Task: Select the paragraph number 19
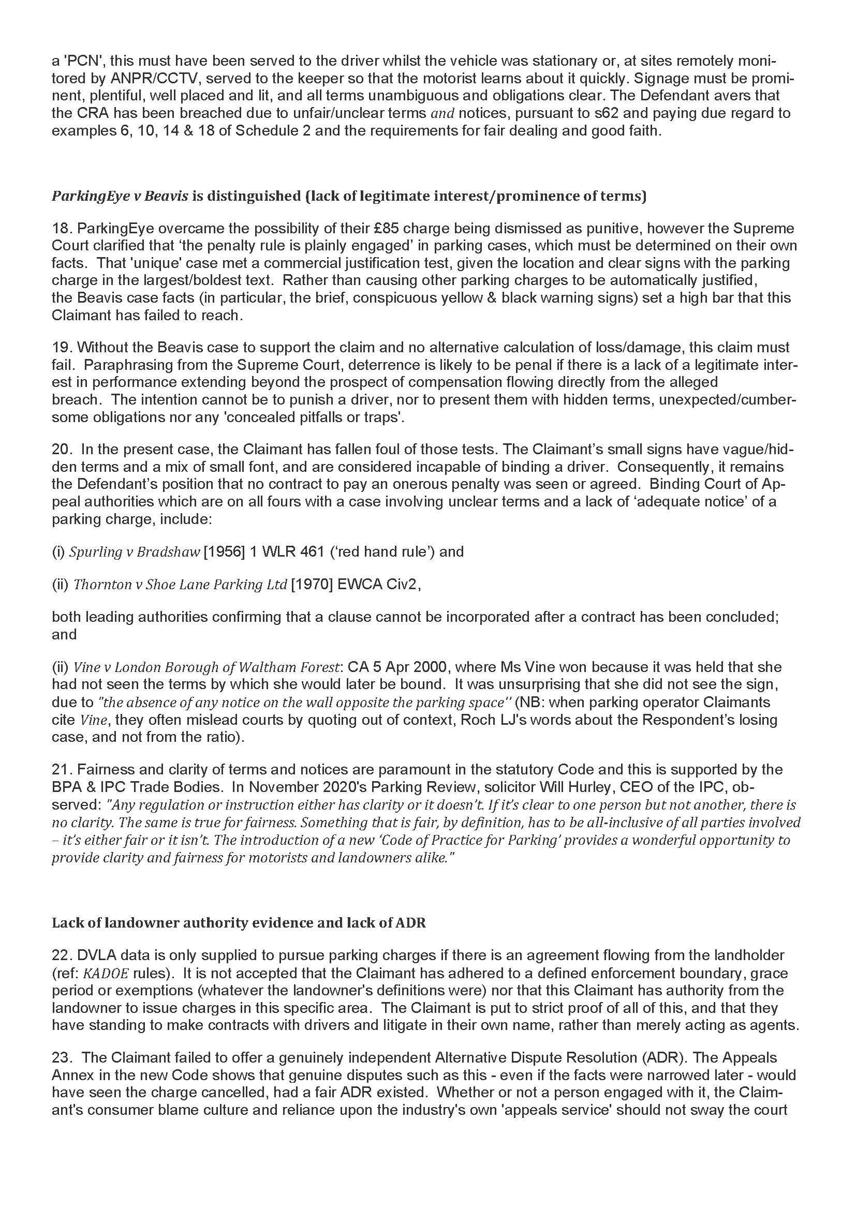tap(61, 347)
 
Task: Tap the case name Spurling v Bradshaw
tap(135, 552)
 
